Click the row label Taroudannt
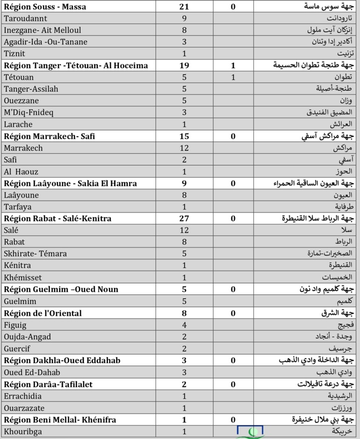point(26,18)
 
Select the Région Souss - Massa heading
point(44,6)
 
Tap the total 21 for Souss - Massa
point(184,6)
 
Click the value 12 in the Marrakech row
point(184,148)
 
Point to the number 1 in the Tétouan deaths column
point(233,77)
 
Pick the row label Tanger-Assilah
point(30,89)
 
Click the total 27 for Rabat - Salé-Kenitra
point(184,219)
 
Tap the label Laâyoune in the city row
point(21,195)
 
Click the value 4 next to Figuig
point(184,325)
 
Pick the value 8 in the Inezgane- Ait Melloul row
point(184,30)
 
